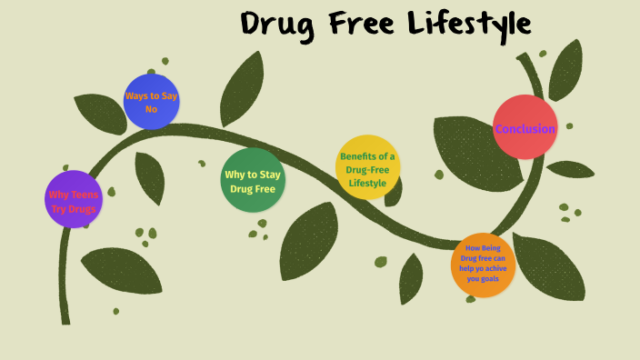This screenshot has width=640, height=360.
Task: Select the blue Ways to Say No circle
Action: pyautogui.click(x=151, y=102)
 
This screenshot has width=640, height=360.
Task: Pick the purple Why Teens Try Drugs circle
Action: pyautogui.click(x=74, y=199)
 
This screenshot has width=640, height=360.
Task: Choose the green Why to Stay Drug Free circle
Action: pyautogui.click(x=253, y=180)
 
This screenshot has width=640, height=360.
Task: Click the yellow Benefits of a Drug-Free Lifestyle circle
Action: pyautogui.click(x=368, y=168)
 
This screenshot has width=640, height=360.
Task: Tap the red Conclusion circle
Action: pyautogui.click(x=525, y=127)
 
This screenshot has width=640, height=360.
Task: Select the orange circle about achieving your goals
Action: pyautogui.click(x=483, y=265)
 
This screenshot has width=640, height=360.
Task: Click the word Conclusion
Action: pyautogui.click(x=525, y=129)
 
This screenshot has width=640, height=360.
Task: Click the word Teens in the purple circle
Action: pyautogui.click(x=85, y=195)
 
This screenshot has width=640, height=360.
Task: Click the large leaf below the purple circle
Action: pyautogui.click(x=121, y=270)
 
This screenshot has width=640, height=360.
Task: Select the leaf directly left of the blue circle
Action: pyautogui.click(x=99, y=113)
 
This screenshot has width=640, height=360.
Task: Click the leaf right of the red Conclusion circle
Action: pyautogui.click(x=570, y=169)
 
